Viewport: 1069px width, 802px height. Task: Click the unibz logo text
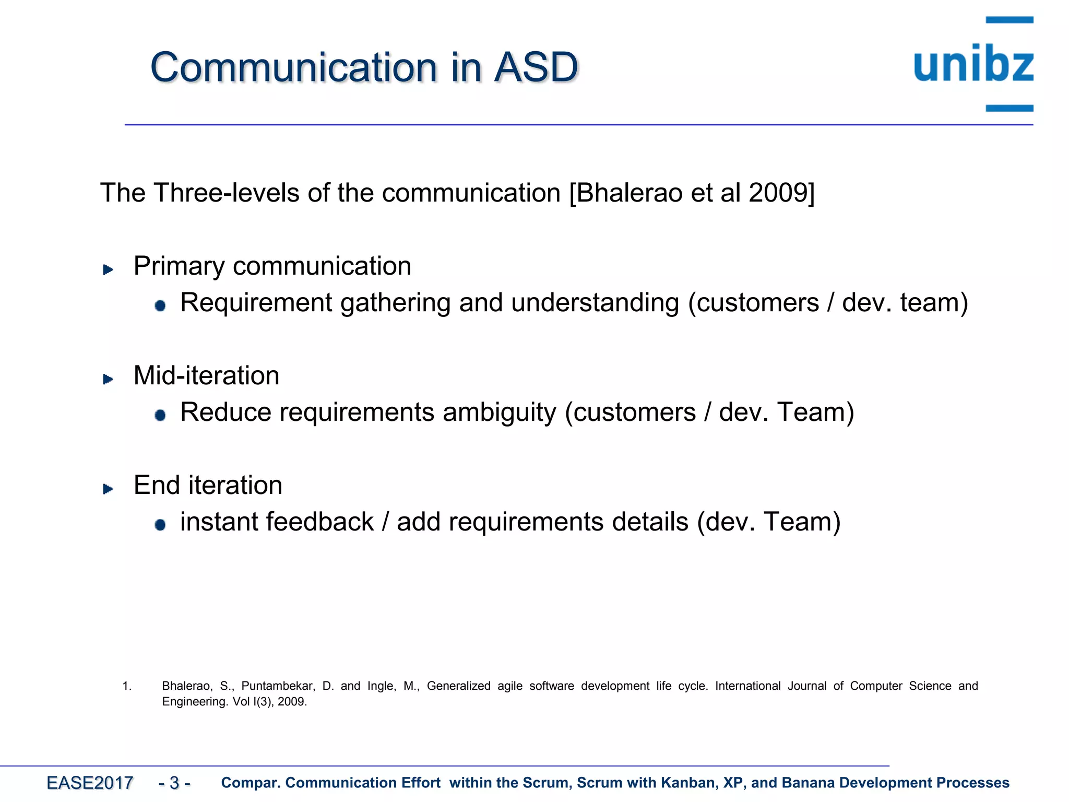(973, 64)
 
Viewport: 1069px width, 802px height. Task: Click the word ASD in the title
(536, 67)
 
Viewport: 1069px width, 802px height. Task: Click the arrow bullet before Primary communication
(108, 269)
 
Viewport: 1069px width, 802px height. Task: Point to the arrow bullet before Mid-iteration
(108, 379)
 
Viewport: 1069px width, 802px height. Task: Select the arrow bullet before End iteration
(108, 489)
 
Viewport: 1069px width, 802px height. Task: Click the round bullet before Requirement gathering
(160, 305)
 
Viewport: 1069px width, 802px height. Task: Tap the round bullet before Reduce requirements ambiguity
(160, 415)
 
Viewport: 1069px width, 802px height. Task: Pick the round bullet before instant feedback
(160, 525)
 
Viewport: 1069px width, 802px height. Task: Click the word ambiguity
(500, 413)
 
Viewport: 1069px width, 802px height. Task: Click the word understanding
(595, 303)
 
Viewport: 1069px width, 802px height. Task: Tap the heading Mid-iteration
(206, 375)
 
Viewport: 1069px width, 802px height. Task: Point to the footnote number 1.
(126, 686)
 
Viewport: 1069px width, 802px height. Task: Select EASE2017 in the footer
(89, 783)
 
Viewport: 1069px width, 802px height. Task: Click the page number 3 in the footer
(174, 783)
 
